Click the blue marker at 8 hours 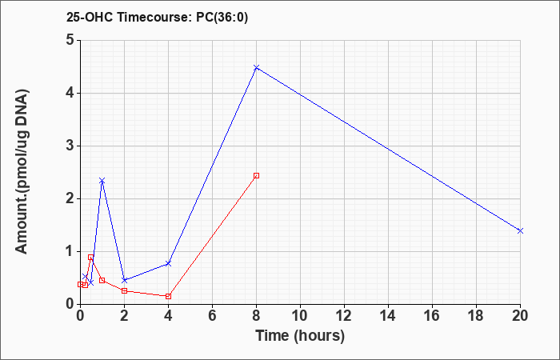(256, 67)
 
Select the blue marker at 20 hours (520, 230)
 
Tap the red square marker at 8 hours (256, 175)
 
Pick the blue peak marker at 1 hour (102, 181)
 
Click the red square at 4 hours (168, 296)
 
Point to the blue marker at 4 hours (168, 263)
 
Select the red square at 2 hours (124, 290)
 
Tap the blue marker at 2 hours (124, 280)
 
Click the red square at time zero (80, 284)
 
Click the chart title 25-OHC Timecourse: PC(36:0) (157, 17)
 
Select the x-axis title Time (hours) (300, 336)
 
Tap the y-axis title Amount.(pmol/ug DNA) (22, 171)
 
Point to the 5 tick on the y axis (71, 40)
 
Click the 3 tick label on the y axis (71, 146)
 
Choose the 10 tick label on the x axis (300, 316)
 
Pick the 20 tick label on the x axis (520, 316)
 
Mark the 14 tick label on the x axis (388, 316)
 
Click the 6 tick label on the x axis (212, 316)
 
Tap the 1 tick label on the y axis (71, 251)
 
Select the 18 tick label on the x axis (476, 316)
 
